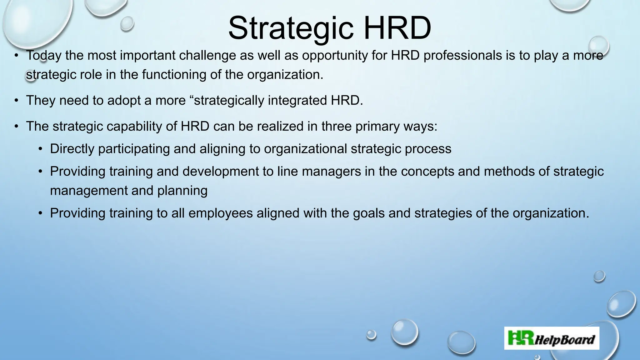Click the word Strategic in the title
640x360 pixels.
pyautogui.click(x=291, y=29)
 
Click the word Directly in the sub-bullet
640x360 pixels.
pyautogui.click(x=72, y=149)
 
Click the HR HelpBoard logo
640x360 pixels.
pyautogui.click(x=552, y=338)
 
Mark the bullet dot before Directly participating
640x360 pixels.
pyautogui.click(x=40, y=149)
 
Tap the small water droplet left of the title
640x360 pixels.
pyautogui.click(x=127, y=23)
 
